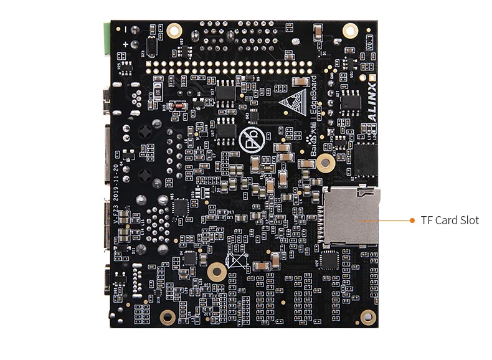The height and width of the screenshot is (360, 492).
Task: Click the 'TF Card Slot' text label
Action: (x=450, y=220)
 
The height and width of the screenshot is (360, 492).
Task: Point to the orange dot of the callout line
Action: (x=412, y=220)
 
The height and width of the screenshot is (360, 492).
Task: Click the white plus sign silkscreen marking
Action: (x=126, y=44)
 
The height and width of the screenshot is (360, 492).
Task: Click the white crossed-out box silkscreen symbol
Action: (x=236, y=261)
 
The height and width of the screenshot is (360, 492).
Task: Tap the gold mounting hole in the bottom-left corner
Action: (x=167, y=317)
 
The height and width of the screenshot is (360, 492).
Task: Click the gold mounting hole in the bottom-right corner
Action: (x=367, y=318)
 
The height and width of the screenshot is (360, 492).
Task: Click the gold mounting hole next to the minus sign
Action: (x=174, y=29)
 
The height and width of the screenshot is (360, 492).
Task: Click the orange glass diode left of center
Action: (x=177, y=107)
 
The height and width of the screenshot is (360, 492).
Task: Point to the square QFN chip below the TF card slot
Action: (x=329, y=260)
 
